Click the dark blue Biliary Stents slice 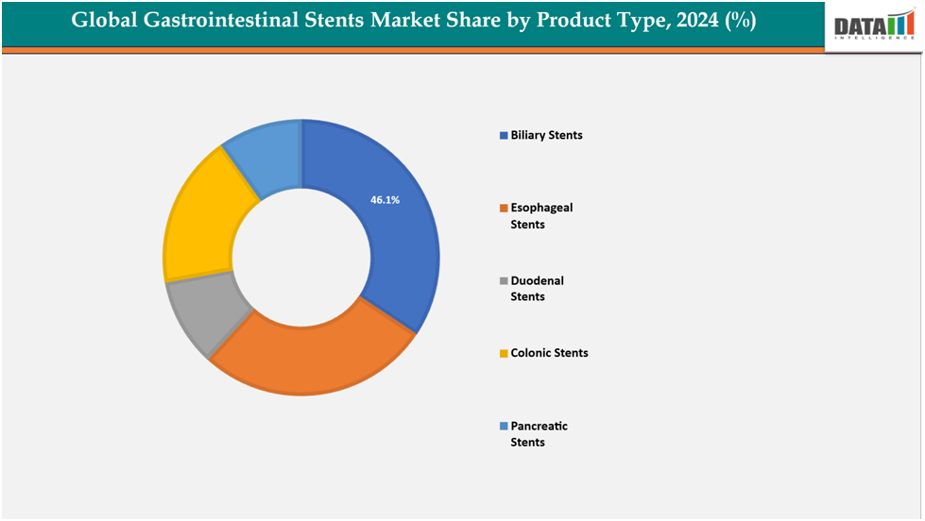click(397, 245)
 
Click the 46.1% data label click(385, 200)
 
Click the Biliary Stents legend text click(546, 135)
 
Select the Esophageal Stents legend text click(541, 215)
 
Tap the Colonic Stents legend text click(549, 353)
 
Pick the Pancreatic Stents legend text click(539, 433)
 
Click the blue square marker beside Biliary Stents click(504, 136)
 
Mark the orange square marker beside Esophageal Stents click(504, 208)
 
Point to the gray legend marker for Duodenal click(504, 281)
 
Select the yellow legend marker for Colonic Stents click(504, 354)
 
